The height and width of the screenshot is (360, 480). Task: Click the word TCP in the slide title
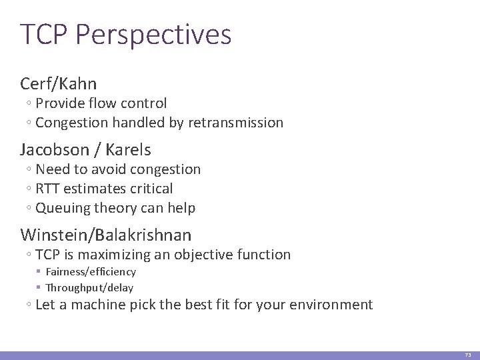(45, 35)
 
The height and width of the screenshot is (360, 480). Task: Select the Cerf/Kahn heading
(59, 83)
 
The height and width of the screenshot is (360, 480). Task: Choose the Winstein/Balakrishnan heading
(106, 235)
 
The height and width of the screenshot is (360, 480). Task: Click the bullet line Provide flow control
(101, 103)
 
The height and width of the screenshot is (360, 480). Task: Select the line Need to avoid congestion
(117, 169)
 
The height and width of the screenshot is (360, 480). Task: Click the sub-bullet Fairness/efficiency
(90, 272)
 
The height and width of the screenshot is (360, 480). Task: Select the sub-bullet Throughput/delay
(89, 288)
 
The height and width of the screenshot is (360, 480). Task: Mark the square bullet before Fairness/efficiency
(39, 272)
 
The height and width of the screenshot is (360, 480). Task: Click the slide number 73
(467, 355)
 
